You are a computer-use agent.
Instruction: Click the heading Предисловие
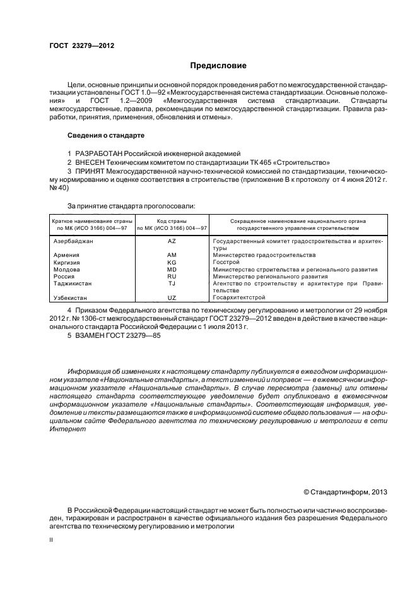click(x=218, y=66)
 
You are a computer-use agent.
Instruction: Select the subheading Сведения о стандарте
click(x=106, y=135)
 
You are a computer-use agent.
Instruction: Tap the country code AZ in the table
click(x=172, y=242)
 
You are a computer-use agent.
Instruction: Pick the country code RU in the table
click(x=172, y=277)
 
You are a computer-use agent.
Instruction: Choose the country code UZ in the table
click(x=172, y=297)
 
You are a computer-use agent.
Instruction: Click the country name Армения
click(x=67, y=255)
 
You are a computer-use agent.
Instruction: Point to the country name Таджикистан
click(x=73, y=284)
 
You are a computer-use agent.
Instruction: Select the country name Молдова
click(x=67, y=270)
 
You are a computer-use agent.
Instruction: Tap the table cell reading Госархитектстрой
click(x=239, y=297)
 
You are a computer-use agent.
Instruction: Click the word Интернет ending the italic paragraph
click(x=65, y=429)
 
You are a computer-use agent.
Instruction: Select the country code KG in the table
click(x=172, y=262)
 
